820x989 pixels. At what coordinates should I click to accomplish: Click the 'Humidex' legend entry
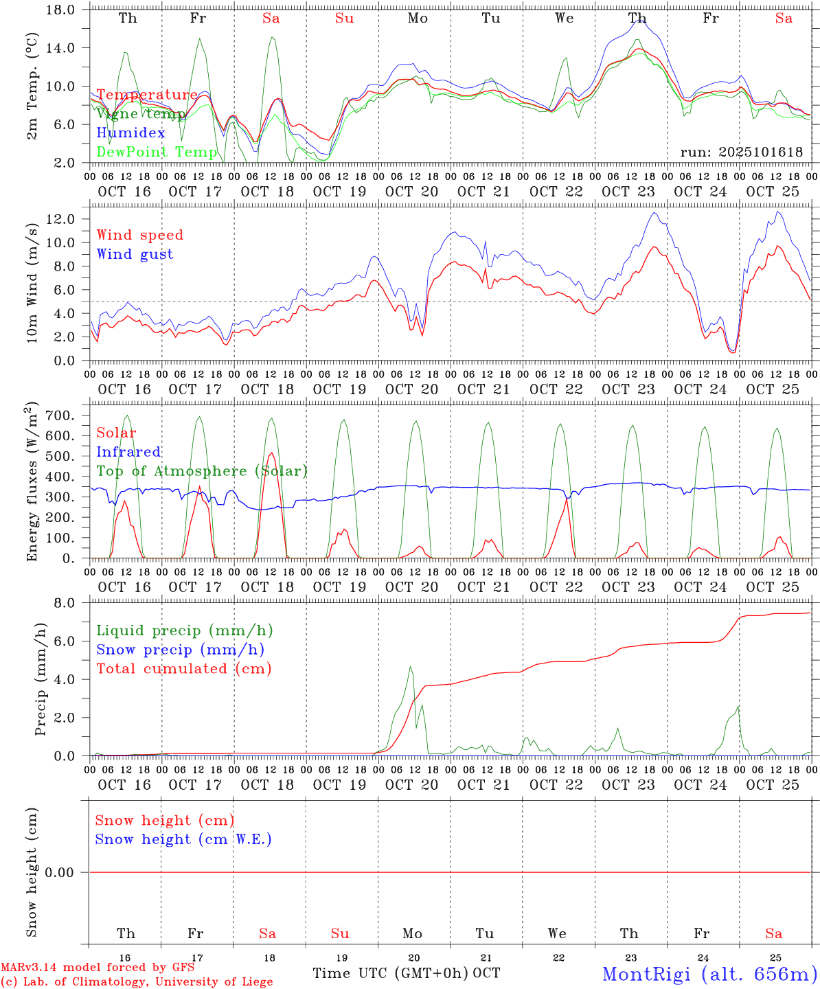(130, 133)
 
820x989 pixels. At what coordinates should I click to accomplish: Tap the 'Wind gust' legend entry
(135, 254)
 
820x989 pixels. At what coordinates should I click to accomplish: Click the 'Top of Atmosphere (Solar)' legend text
(201, 471)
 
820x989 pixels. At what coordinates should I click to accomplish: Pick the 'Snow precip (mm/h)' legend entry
(180, 650)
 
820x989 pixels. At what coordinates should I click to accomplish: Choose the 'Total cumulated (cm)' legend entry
(183, 668)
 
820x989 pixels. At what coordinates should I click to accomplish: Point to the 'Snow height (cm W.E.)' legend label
(183, 839)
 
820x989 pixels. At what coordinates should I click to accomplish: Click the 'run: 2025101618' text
(741, 152)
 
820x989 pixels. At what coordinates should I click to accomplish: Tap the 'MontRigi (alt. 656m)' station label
(709, 974)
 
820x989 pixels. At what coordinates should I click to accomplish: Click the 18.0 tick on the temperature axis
(61, 10)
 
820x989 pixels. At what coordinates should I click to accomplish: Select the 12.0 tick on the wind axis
(61, 219)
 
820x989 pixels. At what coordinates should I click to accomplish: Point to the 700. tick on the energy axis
(61, 416)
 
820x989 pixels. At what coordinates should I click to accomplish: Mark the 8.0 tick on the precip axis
(64, 603)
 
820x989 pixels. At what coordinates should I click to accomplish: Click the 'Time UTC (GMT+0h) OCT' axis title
(406, 973)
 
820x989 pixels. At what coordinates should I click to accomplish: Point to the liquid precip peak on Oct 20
(411, 666)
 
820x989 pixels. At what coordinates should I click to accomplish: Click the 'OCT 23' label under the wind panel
(628, 389)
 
